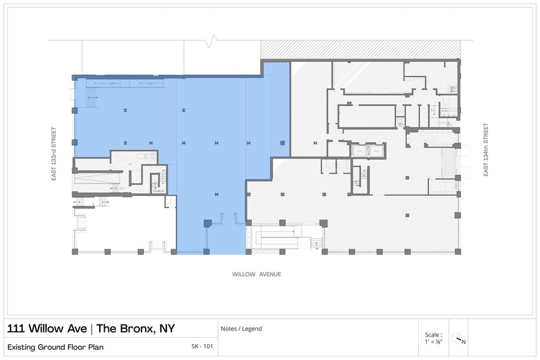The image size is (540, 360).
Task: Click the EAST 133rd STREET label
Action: pos(54,154)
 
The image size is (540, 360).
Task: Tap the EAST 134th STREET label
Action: pos(486,150)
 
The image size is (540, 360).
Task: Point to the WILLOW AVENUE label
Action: pos(257,274)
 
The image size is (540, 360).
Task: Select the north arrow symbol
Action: pos(459,338)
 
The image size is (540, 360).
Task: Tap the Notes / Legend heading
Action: pos(244,329)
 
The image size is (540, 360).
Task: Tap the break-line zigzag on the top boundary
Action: pos(212,42)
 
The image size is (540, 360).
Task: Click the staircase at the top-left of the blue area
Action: pos(92,95)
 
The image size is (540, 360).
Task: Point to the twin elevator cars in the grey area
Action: pos(366,149)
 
